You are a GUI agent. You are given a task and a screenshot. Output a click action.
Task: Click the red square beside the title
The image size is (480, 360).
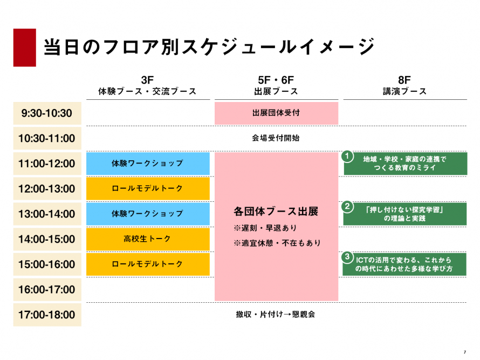point(24,47)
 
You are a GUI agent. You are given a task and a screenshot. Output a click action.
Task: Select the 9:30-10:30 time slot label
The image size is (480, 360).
point(47,113)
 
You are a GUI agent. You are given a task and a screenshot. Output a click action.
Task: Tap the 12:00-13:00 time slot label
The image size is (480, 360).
point(47,189)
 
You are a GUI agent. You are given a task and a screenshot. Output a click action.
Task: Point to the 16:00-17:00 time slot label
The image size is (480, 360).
point(47,289)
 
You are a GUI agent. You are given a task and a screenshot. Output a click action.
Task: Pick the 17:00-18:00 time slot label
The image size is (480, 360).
point(47,315)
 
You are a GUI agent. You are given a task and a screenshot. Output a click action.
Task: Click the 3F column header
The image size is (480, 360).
point(147,85)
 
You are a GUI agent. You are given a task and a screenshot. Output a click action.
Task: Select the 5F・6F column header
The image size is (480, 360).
point(276,85)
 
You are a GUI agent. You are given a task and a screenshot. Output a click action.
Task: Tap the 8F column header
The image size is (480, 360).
point(404,85)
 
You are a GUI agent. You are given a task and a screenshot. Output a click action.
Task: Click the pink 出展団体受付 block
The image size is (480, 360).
point(277,113)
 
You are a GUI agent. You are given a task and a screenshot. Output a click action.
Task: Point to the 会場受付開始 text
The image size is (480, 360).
point(276,138)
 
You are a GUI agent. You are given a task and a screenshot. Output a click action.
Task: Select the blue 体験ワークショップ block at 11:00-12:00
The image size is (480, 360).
point(148,164)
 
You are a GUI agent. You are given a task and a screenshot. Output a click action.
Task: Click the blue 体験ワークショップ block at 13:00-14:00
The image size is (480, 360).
point(148,214)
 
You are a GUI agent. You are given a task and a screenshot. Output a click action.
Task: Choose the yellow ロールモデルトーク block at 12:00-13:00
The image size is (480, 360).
point(148,189)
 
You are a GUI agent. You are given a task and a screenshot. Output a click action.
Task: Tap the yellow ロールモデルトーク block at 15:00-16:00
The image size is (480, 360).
point(148,264)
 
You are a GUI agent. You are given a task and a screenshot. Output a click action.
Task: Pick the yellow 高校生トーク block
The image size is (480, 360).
point(148,239)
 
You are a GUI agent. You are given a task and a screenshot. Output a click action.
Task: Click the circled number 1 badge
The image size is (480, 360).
point(347,157)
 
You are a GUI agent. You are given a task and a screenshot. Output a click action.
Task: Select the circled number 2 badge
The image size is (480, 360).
point(347,207)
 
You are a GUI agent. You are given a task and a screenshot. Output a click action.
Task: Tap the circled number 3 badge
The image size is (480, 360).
point(347,257)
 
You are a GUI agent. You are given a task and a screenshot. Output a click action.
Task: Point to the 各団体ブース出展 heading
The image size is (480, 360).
point(276,212)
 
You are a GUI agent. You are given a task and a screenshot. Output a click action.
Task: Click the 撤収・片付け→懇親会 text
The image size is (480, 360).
point(276,315)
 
